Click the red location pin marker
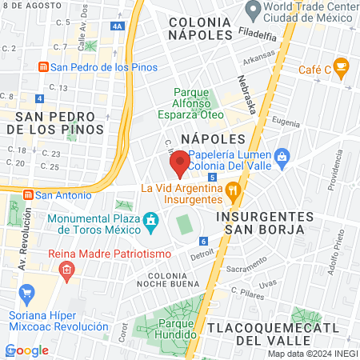pos(179,163)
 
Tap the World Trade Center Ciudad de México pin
pos(254,10)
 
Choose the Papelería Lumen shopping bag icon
pos(282,155)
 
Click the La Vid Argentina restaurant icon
pos(234,190)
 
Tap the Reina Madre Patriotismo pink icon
pos(66,270)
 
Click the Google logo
pos(27,350)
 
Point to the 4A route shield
pos(118,26)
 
